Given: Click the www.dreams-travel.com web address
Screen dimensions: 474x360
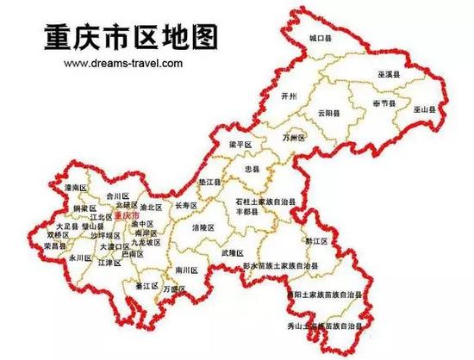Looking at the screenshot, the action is [x=121, y=63].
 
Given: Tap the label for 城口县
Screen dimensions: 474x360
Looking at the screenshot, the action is [x=321, y=39].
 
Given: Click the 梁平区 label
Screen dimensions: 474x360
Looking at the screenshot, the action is [x=239, y=144].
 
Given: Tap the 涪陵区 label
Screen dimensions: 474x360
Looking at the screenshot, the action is [x=204, y=228].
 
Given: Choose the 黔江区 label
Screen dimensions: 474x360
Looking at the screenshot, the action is [x=318, y=242].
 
